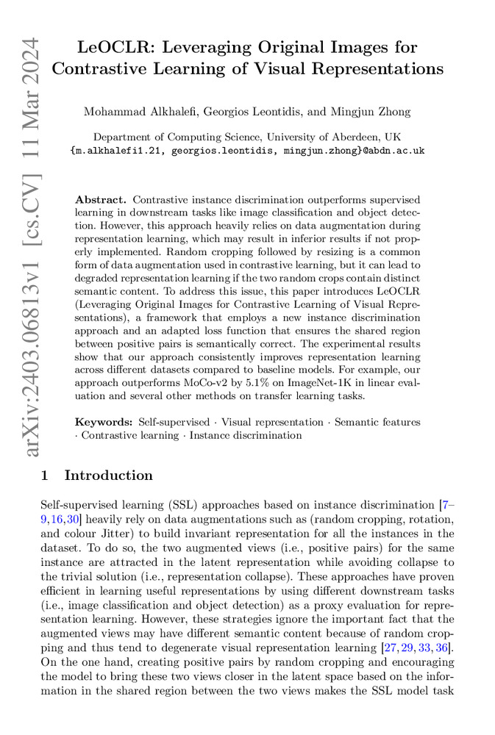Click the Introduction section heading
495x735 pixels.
(109, 476)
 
